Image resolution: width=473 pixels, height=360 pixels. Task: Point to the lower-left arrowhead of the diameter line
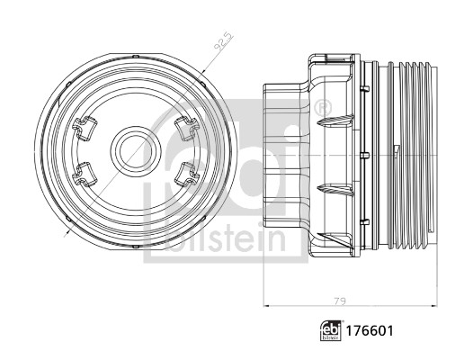(x=68, y=230)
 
